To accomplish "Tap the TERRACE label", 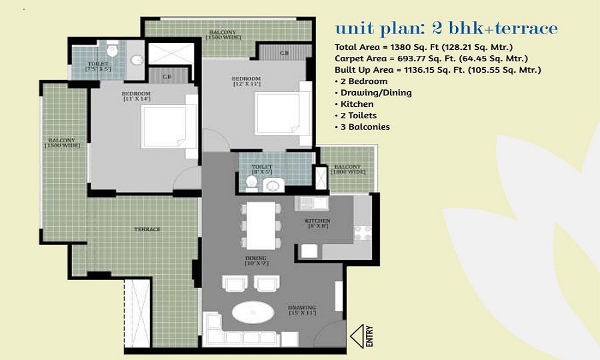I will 147,229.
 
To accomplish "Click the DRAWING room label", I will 302,311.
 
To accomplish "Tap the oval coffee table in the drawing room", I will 252,313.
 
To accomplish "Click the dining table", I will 261,225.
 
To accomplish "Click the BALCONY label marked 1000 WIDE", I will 347,169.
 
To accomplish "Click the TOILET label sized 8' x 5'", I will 262,169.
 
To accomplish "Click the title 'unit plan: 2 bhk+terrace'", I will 446,28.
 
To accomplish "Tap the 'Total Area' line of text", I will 424,47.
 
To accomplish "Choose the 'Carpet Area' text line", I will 431,58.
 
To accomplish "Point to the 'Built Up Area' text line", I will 438,70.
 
